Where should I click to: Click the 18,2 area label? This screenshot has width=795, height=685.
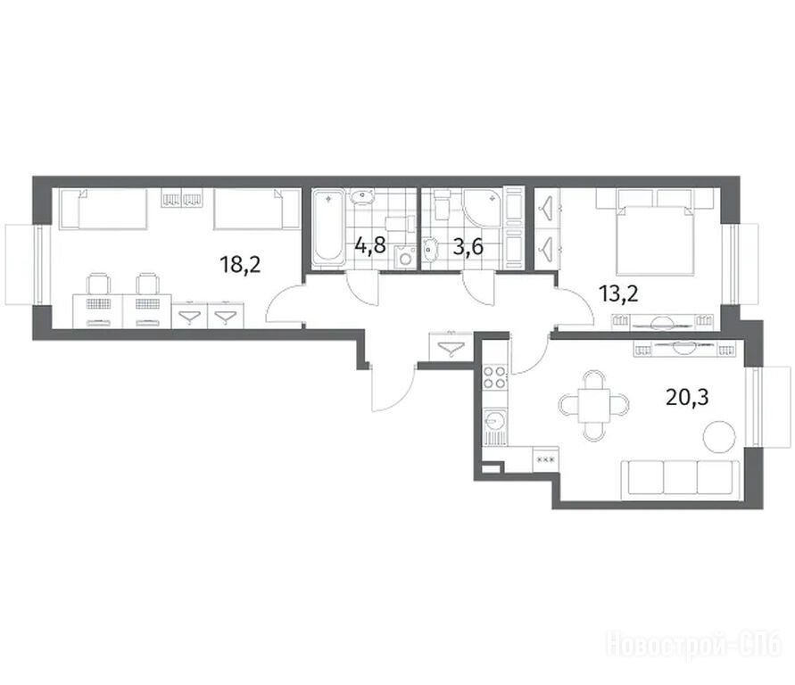(x=240, y=265)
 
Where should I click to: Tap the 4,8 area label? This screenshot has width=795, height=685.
(x=370, y=246)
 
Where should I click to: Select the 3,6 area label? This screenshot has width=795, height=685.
(x=467, y=247)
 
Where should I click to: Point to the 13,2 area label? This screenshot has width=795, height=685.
(x=618, y=293)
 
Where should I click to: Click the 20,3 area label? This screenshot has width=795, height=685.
(x=686, y=397)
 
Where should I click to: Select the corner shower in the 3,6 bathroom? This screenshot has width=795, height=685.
(x=484, y=207)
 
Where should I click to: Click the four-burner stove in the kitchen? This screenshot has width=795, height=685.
(x=494, y=377)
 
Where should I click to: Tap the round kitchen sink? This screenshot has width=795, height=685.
(x=493, y=419)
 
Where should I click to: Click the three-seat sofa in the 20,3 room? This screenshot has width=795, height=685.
(x=680, y=478)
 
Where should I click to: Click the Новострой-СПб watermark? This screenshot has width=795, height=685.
(x=693, y=643)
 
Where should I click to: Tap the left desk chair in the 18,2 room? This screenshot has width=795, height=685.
(x=98, y=284)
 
